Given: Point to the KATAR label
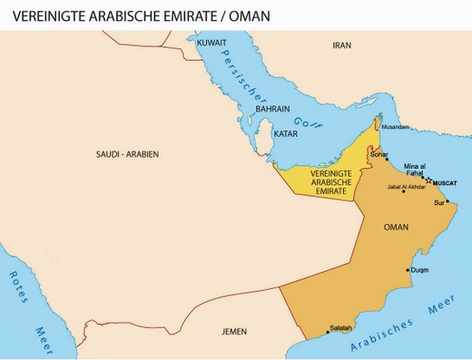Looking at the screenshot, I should (x=286, y=133).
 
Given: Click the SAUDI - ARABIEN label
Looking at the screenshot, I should (x=127, y=155).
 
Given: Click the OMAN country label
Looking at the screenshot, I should (x=397, y=227).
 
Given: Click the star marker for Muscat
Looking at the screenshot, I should (x=428, y=181).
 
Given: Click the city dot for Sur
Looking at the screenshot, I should (x=447, y=201).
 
